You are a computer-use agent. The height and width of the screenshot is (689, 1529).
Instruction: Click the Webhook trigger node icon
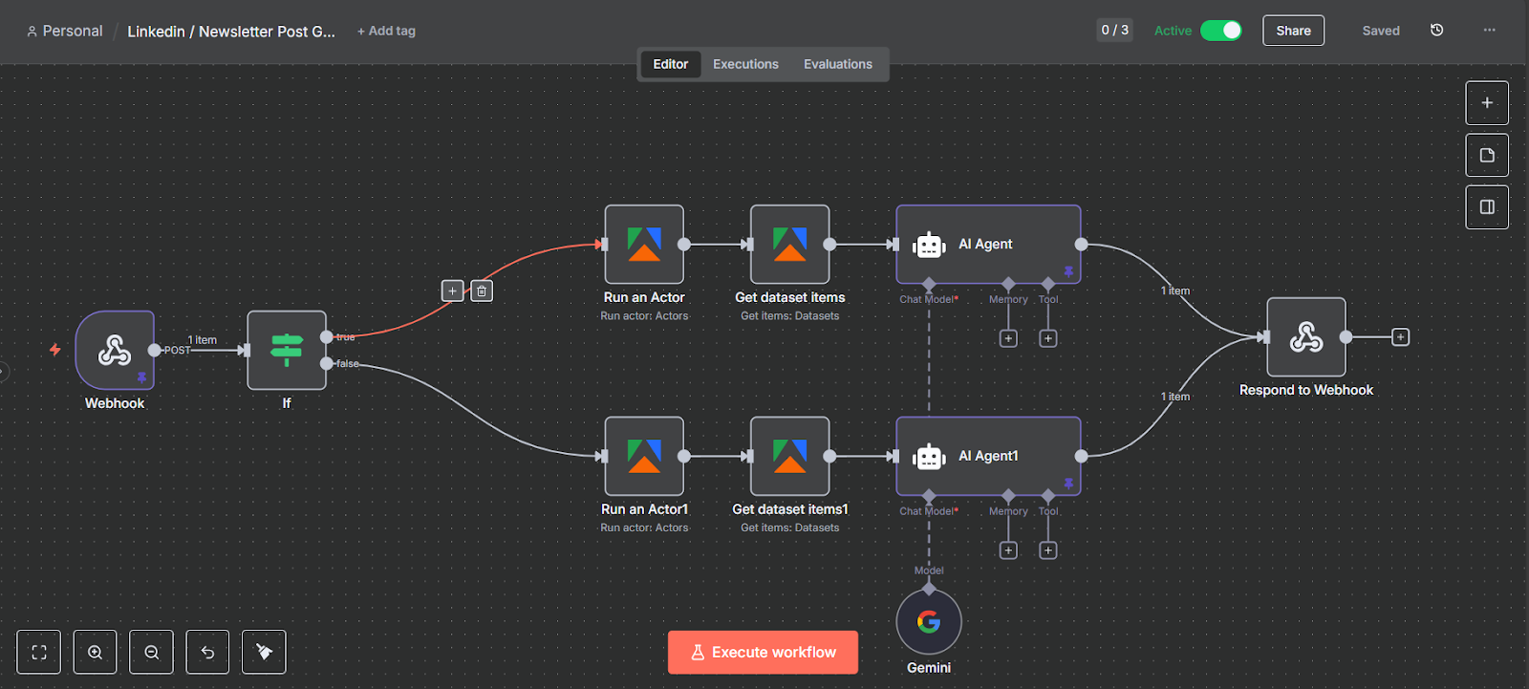point(115,350)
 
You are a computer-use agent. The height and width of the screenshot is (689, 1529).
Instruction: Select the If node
point(287,350)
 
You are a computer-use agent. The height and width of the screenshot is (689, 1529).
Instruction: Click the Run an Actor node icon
point(644,245)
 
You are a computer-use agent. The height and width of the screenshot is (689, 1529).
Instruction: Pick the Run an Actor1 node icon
point(644,456)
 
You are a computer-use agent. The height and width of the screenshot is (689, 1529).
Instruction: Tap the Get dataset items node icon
point(789,245)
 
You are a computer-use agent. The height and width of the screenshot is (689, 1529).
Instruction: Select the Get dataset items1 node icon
point(789,456)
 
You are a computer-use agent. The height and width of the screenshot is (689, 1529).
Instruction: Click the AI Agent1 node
point(988,456)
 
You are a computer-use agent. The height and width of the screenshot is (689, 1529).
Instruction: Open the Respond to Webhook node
point(1305,337)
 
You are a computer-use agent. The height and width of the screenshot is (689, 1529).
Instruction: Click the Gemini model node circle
point(929,622)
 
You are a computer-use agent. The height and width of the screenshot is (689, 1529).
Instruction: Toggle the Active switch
point(1221,31)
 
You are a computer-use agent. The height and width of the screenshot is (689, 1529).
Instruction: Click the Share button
point(1293,31)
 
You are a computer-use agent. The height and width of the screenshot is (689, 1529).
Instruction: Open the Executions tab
point(745,64)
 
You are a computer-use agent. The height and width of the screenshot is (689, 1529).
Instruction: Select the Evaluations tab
point(837,64)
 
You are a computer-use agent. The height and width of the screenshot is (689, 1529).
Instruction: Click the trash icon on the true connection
point(482,291)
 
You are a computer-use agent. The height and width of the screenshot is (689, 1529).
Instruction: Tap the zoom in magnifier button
point(96,652)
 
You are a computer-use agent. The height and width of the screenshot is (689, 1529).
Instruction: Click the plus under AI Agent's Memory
point(1008,338)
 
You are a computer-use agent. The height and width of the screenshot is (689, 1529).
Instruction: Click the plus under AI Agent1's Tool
point(1048,550)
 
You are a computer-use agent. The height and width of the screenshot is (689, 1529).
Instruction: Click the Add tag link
point(386,31)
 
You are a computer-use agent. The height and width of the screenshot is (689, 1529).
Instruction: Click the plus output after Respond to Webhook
point(1400,337)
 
